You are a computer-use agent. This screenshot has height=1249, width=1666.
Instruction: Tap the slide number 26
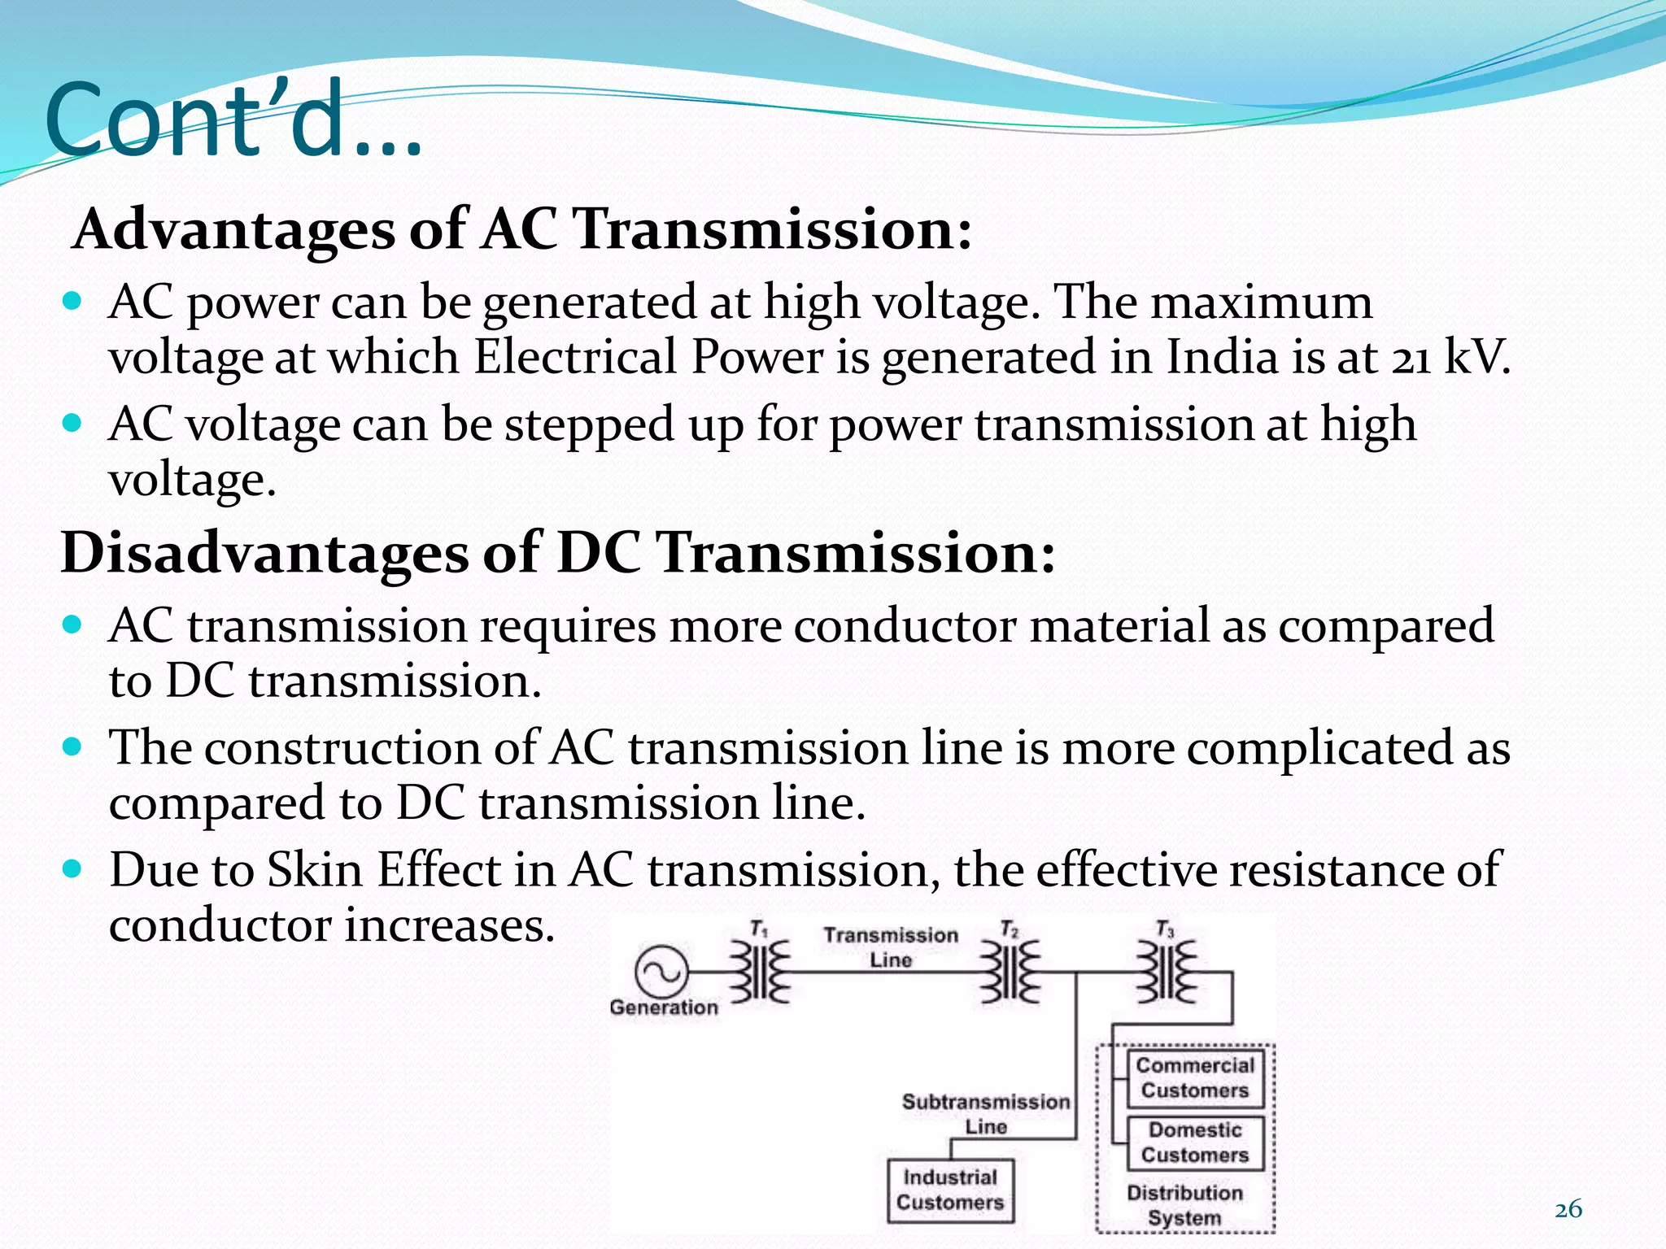(1568, 1209)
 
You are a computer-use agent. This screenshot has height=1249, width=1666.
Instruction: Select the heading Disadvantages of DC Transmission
(558, 553)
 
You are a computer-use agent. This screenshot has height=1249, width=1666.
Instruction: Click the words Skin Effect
(384, 870)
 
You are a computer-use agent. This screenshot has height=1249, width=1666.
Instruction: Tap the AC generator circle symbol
(661, 972)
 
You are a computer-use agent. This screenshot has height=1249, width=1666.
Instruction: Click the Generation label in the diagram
(664, 1007)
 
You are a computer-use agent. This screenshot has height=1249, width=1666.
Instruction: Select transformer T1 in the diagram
(760, 972)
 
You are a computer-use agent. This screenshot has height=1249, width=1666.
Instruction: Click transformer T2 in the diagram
(1010, 972)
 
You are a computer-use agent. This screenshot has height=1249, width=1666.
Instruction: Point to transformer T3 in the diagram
(1167, 972)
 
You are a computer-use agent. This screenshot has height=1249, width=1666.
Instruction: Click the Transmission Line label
(891, 947)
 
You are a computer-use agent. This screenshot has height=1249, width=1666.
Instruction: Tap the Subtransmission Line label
(986, 1114)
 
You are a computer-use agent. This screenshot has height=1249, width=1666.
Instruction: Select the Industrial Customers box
(950, 1190)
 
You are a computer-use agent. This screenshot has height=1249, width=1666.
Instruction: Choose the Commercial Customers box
(1195, 1078)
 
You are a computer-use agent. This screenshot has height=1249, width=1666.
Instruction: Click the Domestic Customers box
(1195, 1142)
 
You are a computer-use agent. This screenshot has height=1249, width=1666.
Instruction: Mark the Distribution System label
(1185, 1205)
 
